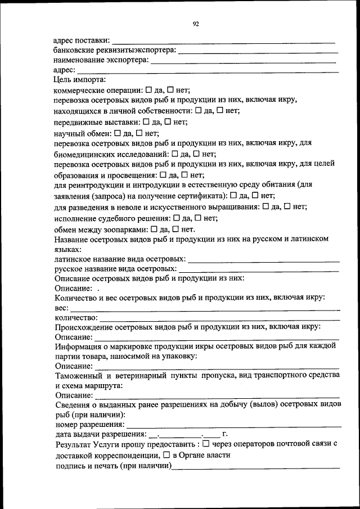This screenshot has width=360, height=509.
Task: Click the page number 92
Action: (x=195, y=23)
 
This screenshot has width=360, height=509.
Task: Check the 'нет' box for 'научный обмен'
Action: (x=140, y=133)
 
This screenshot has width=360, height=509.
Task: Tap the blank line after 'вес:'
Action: (x=205, y=309)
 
